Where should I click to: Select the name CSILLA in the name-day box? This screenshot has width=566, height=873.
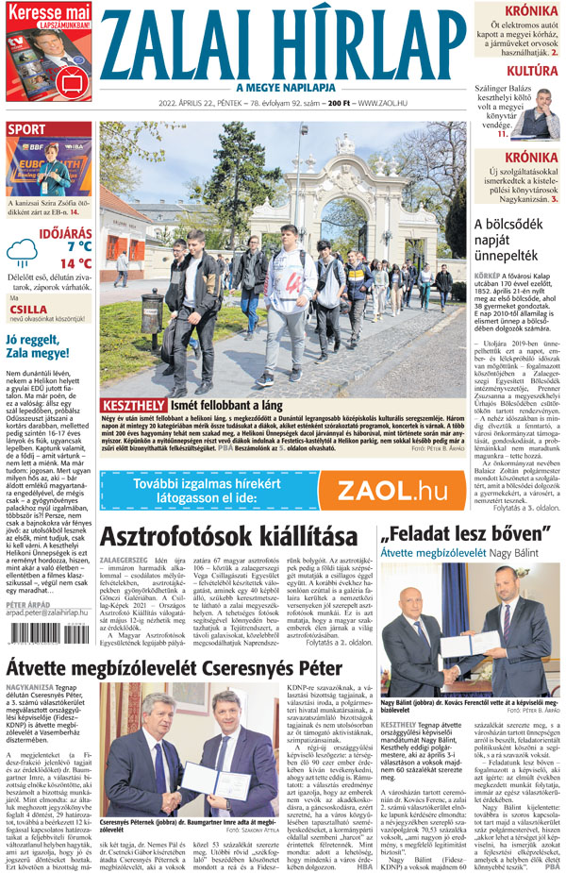click(28, 308)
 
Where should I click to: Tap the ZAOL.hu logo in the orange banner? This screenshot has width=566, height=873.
click(392, 490)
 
